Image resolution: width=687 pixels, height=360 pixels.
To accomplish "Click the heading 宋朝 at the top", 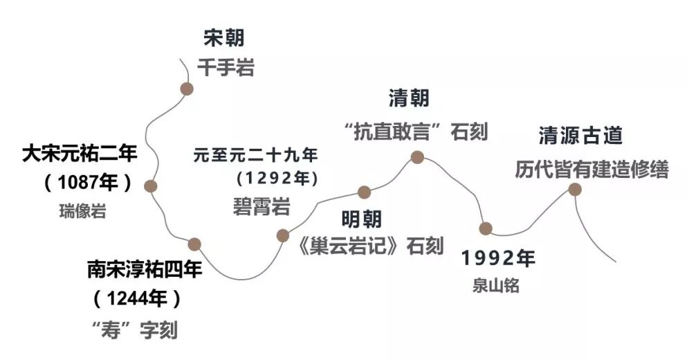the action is pos(224,38).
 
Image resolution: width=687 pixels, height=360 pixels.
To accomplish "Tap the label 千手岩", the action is pos(226,67).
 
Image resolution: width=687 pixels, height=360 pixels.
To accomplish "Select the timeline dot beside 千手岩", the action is pos(186,89).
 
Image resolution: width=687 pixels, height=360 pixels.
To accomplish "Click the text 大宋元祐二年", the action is pos(80,153).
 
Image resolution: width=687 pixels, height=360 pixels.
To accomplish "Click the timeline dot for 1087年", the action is pos(151,186).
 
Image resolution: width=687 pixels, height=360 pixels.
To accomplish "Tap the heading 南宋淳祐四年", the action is pos(145,269).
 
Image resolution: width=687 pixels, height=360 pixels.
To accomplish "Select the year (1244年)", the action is pos(138,299).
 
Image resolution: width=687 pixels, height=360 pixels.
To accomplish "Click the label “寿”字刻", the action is pos(135,330).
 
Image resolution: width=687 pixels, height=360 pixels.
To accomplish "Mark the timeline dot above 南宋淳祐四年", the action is pos(194,244).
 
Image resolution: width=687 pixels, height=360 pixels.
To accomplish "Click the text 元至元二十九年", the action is pos(255,154).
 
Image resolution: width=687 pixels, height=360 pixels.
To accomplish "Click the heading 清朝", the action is pos(408,98).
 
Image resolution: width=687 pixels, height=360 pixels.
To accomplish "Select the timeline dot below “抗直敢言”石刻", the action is pos(417,157).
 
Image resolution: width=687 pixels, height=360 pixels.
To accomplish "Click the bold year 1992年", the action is pos(499,258).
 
